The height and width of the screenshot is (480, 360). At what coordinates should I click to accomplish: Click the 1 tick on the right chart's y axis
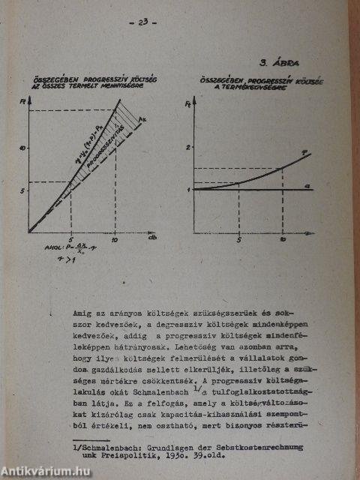(187, 189)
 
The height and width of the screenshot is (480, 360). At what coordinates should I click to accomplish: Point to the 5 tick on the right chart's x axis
(238, 241)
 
